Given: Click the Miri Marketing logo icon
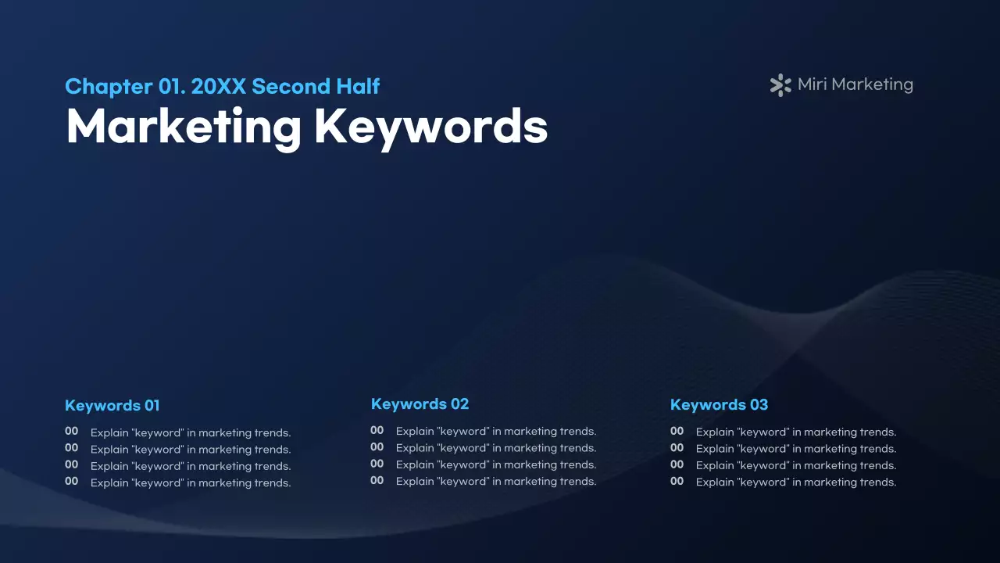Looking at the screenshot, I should coord(780,85).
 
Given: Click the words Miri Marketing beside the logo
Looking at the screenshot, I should coord(855,84).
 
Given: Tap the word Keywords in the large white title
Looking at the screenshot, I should coord(430,126).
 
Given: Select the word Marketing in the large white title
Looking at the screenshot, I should coord(184,126).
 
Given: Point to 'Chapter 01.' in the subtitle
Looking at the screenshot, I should coord(125,86).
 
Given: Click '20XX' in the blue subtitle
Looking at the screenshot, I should coord(218,86).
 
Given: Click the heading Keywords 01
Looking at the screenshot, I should coord(112,405).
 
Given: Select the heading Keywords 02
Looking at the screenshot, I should coord(420,403).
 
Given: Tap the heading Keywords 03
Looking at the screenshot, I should coord(719,404).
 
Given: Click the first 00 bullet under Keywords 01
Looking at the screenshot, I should coord(71,431).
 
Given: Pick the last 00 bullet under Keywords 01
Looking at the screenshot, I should coord(71,481).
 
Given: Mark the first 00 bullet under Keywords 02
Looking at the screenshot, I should coord(377,429).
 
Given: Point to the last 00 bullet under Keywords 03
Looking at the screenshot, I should coord(677,481).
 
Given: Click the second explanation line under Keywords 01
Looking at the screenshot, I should coord(191,450).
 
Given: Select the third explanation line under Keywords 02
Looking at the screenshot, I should coord(496,464).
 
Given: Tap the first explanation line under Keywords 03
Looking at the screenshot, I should coord(796,432).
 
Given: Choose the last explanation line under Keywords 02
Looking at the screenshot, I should coord(496,482).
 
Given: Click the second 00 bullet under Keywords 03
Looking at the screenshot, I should coord(677,447).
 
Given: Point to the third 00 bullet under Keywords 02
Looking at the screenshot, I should coord(377,463).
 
